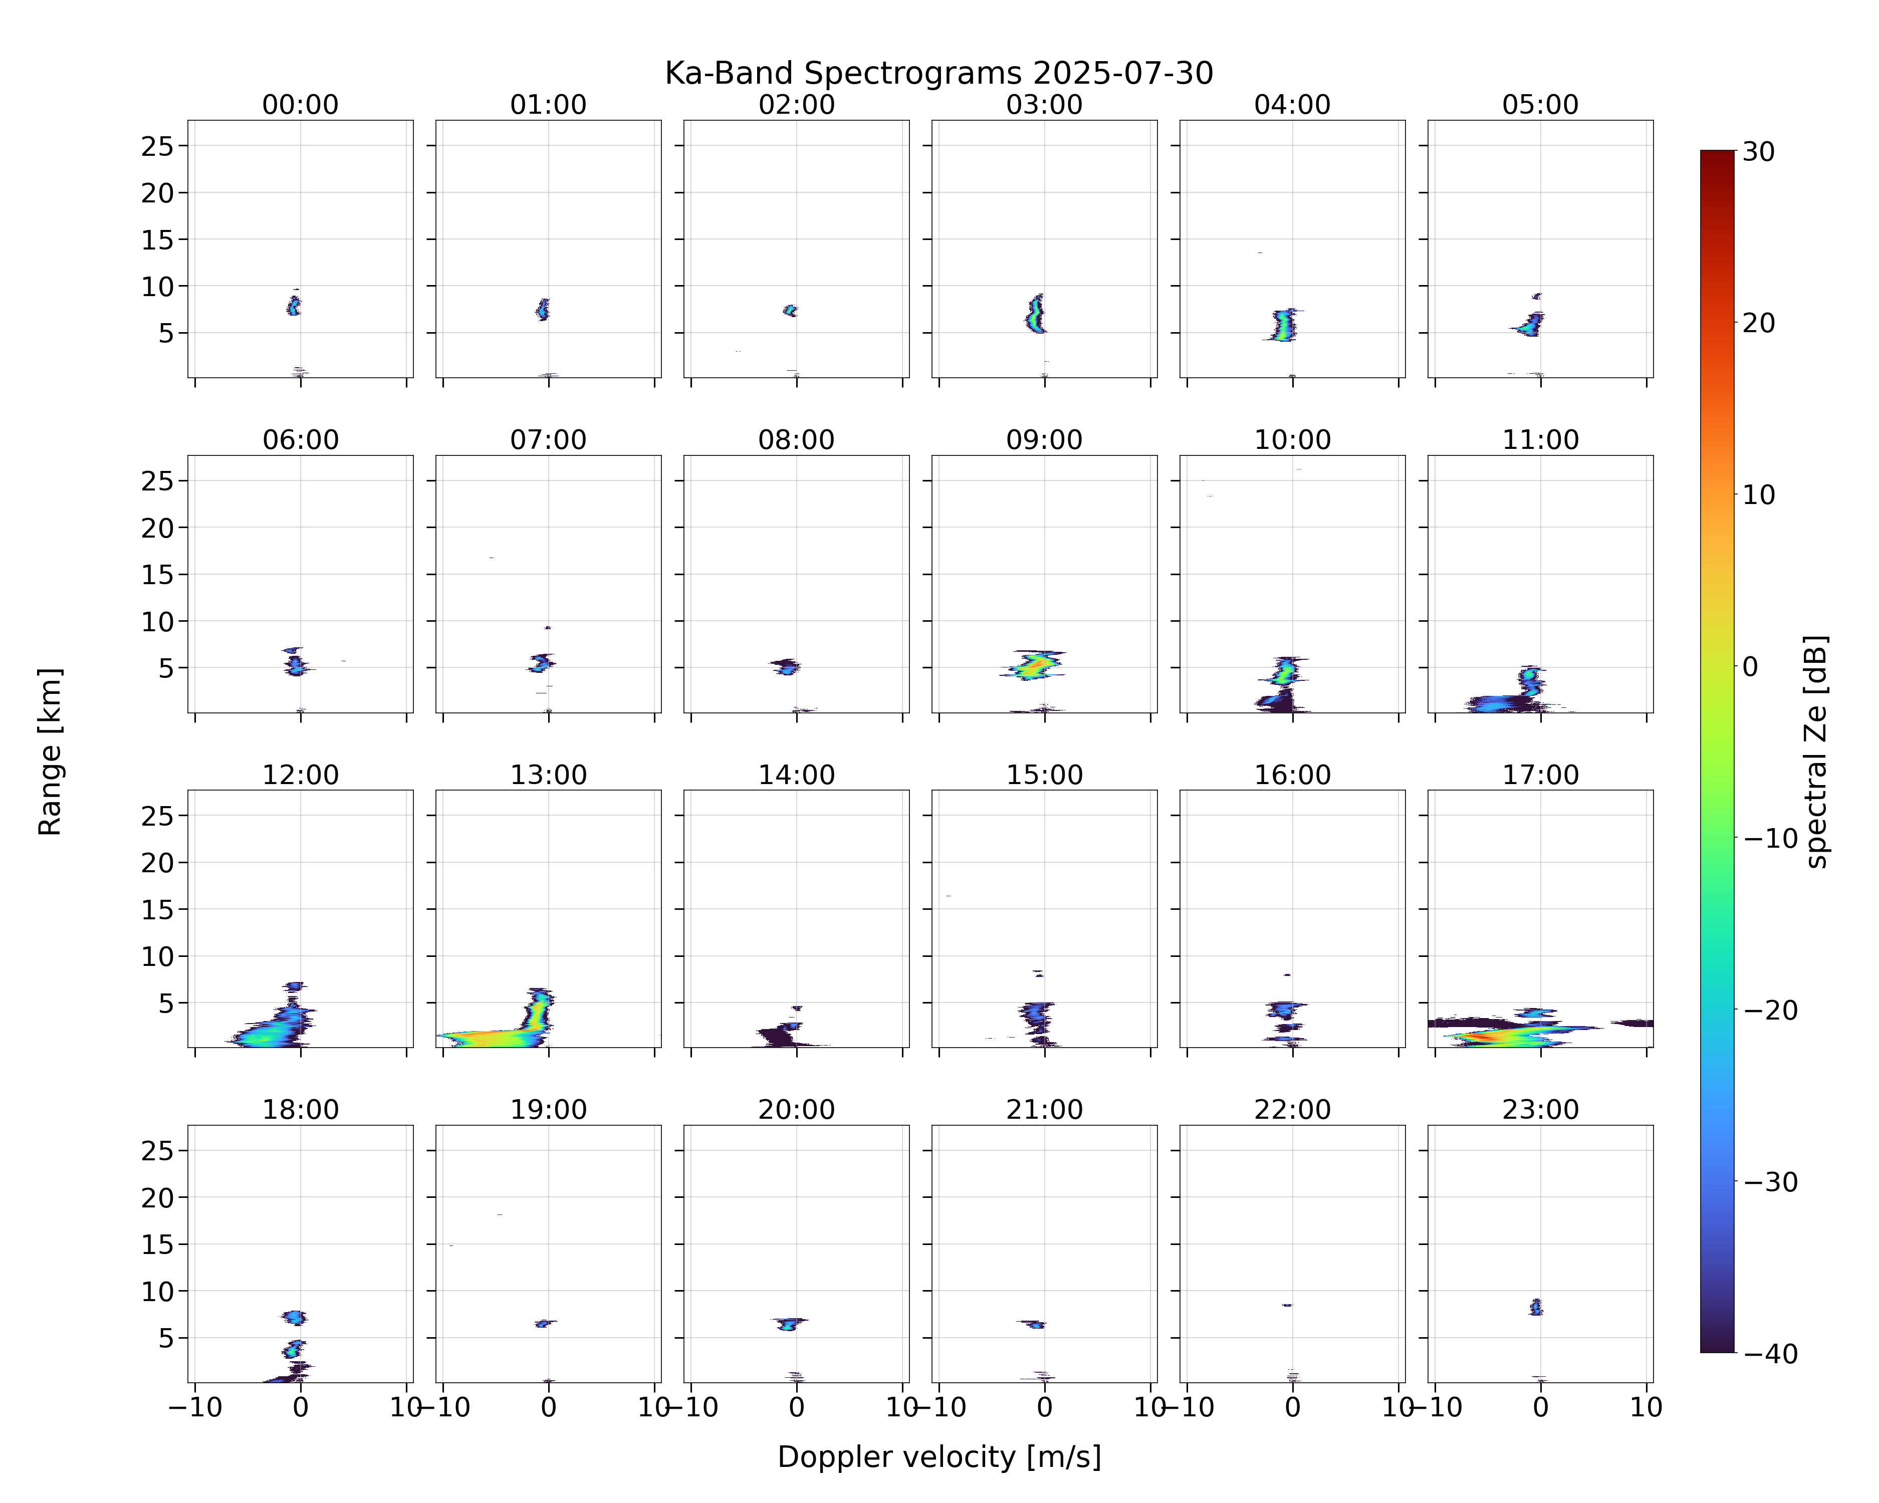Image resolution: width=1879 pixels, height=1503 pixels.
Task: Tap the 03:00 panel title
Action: [1044, 105]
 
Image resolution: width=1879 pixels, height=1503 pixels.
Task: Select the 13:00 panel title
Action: [548, 775]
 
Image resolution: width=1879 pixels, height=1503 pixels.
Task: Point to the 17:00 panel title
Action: [1540, 775]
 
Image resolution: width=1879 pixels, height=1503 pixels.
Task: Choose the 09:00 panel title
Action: [1044, 440]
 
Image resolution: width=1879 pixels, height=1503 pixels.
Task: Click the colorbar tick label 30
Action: [1759, 152]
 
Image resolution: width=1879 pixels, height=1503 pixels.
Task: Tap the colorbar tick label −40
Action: [1771, 1354]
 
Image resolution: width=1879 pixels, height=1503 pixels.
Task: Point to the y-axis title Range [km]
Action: [50, 752]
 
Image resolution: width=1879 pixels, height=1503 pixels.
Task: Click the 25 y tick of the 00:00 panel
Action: [158, 146]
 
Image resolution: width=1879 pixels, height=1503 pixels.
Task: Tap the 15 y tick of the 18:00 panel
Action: [158, 1244]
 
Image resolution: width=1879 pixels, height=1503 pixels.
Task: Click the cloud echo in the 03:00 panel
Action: [1035, 314]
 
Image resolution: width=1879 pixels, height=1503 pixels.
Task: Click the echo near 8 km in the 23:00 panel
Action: [1536, 1307]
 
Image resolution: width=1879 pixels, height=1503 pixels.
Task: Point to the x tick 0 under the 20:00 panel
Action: [796, 1407]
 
